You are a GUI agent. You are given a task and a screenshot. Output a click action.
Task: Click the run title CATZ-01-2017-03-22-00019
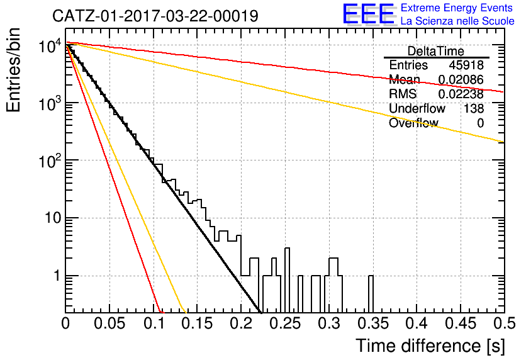(x=155, y=16)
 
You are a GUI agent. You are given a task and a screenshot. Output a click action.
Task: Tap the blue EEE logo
(x=369, y=14)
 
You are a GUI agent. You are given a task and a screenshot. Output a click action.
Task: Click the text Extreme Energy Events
(x=457, y=8)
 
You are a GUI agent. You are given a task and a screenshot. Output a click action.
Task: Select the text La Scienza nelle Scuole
(x=457, y=21)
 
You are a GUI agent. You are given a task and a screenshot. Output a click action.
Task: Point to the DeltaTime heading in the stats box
(x=436, y=51)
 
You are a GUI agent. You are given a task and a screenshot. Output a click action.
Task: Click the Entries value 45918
(x=466, y=65)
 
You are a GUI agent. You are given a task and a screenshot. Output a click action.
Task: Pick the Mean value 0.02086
(x=461, y=80)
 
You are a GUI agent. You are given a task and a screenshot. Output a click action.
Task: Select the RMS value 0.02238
(x=461, y=94)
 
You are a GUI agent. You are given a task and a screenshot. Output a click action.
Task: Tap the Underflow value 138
(x=474, y=108)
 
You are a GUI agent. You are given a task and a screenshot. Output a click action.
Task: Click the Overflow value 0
(x=480, y=123)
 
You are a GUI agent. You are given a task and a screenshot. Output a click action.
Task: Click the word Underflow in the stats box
(x=417, y=108)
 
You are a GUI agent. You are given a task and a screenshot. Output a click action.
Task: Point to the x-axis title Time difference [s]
(x=430, y=346)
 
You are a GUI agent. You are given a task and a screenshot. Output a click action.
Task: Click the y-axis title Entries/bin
(x=13, y=70)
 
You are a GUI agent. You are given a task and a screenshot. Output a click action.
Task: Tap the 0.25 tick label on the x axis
(x=286, y=323)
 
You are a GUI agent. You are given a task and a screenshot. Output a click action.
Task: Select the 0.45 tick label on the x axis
(x=461, y=323)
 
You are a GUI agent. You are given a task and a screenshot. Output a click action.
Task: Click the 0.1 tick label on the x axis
(x=154, y=323)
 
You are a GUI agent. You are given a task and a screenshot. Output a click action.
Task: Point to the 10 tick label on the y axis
(x=53, y=218)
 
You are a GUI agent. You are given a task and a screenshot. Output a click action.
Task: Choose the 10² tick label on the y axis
(x=50, y=161)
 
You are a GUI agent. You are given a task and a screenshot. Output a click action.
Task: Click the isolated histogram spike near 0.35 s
(x=371, y=294)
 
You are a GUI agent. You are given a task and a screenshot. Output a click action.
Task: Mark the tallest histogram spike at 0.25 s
(x=287, y=280)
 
